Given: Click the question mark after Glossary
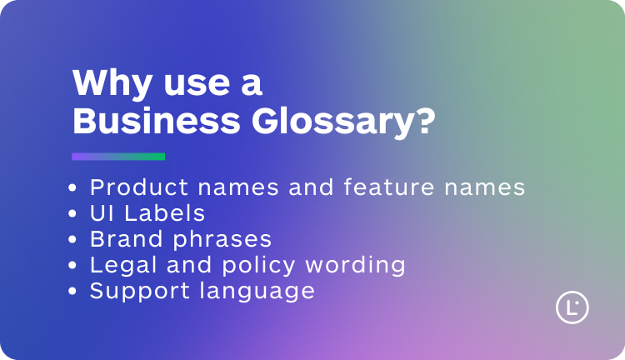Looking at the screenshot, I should click(426, 122).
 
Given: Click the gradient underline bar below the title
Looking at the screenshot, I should click(118, 157).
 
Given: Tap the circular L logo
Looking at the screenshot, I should click(572, 307).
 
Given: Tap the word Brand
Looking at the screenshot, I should click(120, 239).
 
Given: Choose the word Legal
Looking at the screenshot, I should click(119, 266).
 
